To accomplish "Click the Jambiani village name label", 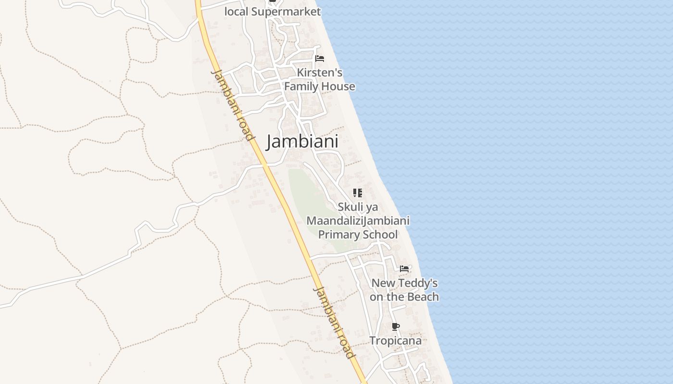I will point(302,142).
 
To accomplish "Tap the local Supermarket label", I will point(273,12).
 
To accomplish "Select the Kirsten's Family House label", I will point(320,80).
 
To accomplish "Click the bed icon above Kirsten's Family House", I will point(320,59).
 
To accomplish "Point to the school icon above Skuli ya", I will point(357,193).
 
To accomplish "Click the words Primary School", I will point(358,235).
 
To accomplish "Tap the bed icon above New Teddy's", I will point(404,268).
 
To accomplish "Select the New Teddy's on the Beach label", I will point(404,290).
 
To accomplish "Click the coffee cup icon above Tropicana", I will point(395,327).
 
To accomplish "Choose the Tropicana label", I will point(395,341).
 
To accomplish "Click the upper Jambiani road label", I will point(233,105).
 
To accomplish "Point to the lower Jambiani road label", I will point(335,323).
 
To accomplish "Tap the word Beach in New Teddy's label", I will point(423,297).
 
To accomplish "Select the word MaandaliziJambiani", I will point(358,221).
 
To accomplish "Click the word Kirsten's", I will point(320,72).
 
